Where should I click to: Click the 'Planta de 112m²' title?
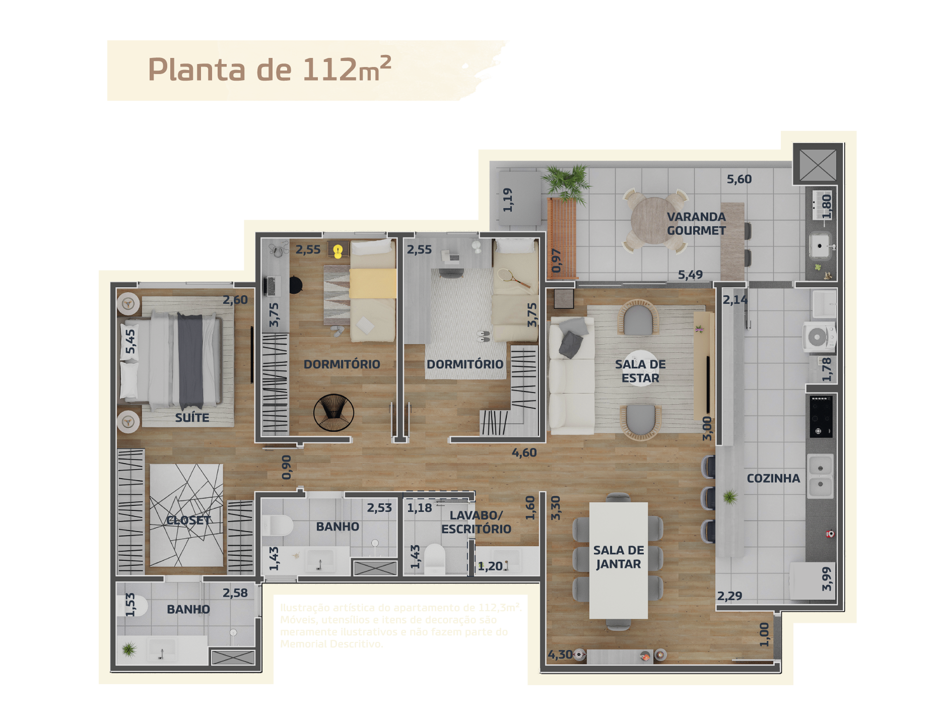point(269,70)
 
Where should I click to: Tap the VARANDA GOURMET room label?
point(696,224)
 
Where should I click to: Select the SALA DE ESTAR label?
point(640,371)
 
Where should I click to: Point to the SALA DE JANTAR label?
point(619,557)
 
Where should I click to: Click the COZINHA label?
point(773,478)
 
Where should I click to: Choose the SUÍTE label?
point(192,417)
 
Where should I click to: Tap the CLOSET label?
point(188,520)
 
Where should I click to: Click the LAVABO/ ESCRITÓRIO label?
point(476,522)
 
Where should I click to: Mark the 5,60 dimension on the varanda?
point(739,179)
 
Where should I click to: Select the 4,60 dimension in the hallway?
point(524,452)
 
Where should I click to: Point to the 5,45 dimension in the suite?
point(130,342)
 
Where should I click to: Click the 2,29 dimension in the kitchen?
point(729,596)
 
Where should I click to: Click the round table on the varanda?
point(654,221)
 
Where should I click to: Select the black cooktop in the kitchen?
point(821,416)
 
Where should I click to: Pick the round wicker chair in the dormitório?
point(333,412)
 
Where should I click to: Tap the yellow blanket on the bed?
point(373,283)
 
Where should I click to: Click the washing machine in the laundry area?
point(818,337)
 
